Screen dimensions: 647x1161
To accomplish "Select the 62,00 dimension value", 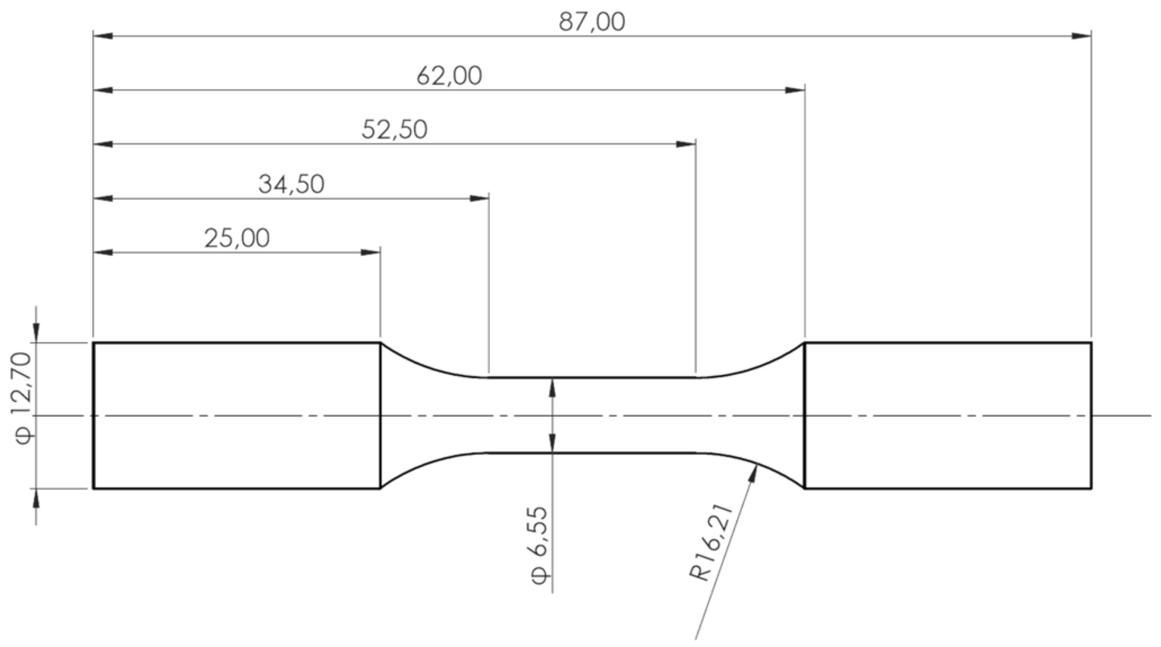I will (x=449, y=76).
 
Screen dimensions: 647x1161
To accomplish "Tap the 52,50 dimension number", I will (x=394, y=130).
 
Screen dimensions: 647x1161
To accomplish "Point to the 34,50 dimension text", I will (x=291, y=185).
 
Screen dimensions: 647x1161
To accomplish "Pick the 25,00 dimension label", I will (x=237, y=239).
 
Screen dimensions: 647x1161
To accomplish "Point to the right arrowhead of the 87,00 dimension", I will (x=1081, y=36).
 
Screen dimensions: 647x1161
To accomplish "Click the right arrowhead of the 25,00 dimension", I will (x=370, y=252).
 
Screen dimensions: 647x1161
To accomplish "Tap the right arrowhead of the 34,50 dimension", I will (x=479, y=198).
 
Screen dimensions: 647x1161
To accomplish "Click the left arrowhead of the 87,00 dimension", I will (x=103, y=36).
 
